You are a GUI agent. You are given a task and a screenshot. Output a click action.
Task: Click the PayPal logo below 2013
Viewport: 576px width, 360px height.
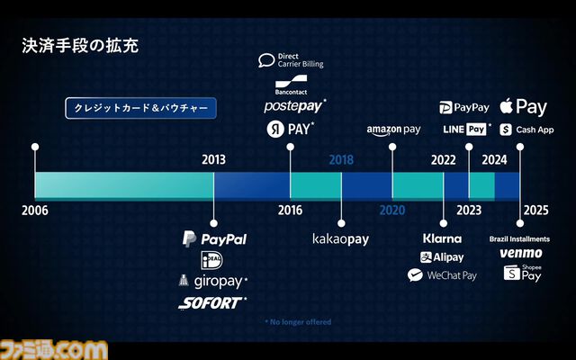pyautogui.click(x=214, y=239)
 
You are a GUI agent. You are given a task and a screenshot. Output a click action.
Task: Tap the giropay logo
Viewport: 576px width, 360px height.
pyautogui.click(x=214, y=281)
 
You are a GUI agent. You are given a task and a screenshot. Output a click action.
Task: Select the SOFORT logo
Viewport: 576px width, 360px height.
pyautogui.click(x=212, y=303)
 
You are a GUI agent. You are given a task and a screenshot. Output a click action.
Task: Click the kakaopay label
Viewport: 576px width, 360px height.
pyautogui.click(x=341, y=239)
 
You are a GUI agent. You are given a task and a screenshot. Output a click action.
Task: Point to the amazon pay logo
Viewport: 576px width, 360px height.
pyautogui.click(x=393, y=130)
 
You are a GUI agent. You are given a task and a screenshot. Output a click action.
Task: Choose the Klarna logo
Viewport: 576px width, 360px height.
pyautogui.click(x=442, y=238)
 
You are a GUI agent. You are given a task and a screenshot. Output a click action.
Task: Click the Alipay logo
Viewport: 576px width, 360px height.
pyautogui.click(x=442, y=257)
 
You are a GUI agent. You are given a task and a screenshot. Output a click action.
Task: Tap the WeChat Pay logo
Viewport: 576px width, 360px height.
pyautogui.click(x=442, y=275)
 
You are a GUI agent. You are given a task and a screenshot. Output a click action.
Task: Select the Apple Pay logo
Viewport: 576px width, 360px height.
pyautogui.click(x=523, y=106)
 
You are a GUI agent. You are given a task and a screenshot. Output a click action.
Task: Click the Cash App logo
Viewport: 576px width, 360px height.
pyautogui.click(x=526, y=130)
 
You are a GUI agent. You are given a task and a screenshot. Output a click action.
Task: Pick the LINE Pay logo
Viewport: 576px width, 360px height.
pyautogui.click(x=468, y=130)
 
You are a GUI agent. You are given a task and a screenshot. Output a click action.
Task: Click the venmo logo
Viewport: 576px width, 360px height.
pyautogui.click(x=521, y=254)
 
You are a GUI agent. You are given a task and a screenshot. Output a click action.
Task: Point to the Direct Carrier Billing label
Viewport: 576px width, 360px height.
pyautogui.click(x=291, y=60)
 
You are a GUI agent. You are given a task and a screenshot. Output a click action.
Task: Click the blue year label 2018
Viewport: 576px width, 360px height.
pyautogui.click(x=341, y=160)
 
